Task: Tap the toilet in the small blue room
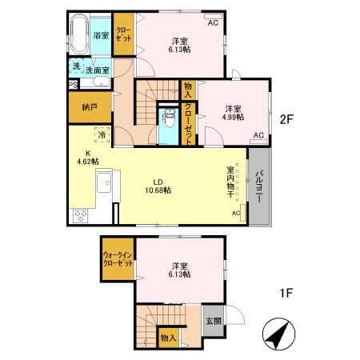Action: [x=169, y=118]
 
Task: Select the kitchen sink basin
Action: [x=104, y=182]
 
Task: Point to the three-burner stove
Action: [x=81, y=216]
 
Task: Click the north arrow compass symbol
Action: [x=278, y=334]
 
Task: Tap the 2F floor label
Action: [x=286, y=120]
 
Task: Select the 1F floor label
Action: [x=286, y=294]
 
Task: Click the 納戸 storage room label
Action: [x=90, y=107]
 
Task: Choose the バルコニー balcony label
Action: [x=260, y=186]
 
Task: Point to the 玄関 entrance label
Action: [x=214, y=321]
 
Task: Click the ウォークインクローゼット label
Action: [x=118, y=259]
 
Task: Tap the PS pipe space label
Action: [x=73, y=86]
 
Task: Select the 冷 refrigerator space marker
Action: [x=102, y=134]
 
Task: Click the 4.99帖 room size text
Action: [x=234, y=117]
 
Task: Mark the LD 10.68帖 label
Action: [x=158, y=186]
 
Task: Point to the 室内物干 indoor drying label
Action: [x=230, y=182]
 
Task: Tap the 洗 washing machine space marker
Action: [x=77, y=66]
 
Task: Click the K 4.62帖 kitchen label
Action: [x=88, y=158]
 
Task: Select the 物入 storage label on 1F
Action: [x=168, y=338]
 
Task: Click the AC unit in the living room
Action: [x=242, y=213]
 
